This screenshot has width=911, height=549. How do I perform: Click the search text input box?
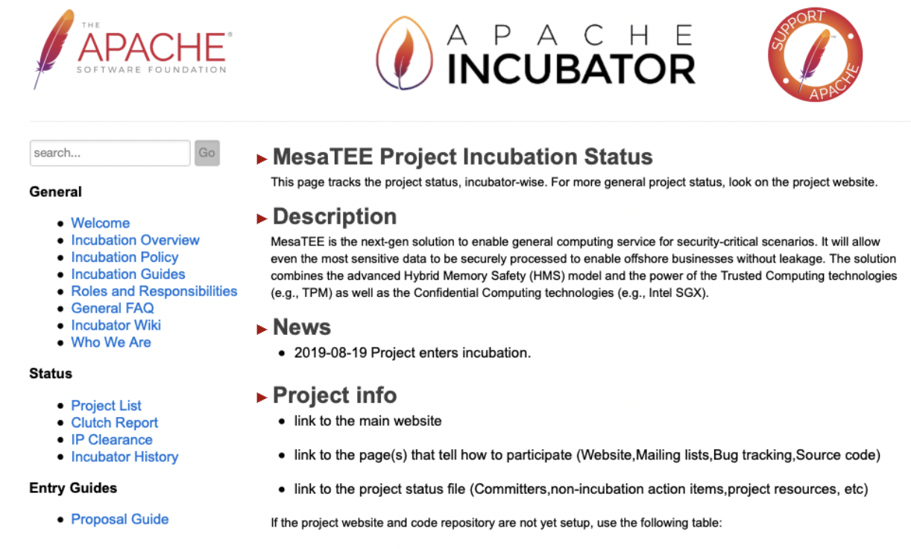[x=110, y=153]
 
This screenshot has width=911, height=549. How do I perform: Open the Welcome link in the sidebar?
[x=101, y=223]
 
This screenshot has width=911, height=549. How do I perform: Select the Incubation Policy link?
[x=124, y=257]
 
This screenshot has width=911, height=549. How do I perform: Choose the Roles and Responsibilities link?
[x=154, y=292]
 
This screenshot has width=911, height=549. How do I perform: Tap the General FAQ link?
[x=113, y=309]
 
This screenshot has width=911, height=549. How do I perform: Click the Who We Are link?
[x=111, y=342]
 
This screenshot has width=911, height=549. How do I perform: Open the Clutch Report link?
[x=114, y=423]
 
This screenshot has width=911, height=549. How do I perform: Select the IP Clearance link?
[x=112, y=440]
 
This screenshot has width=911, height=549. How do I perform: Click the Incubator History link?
[x=124, y=457]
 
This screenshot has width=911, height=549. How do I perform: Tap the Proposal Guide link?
[x=119, y=519]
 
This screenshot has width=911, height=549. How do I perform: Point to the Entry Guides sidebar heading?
[x=73, y=488]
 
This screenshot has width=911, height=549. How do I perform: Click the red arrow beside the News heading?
[x=262, y=329]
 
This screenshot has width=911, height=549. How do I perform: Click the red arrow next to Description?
[x=262, y=219]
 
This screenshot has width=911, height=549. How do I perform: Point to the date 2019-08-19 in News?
[x=331, y=353]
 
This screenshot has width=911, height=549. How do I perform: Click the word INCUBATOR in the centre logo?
[x=571, y=69]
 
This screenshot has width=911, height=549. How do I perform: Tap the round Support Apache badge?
[x=815, y=54]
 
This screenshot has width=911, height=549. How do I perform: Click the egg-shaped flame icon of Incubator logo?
[x=404, y=53]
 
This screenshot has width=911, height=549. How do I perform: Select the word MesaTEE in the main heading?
[x=323, y=157]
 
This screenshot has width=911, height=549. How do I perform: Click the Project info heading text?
[x=335, y=395]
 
